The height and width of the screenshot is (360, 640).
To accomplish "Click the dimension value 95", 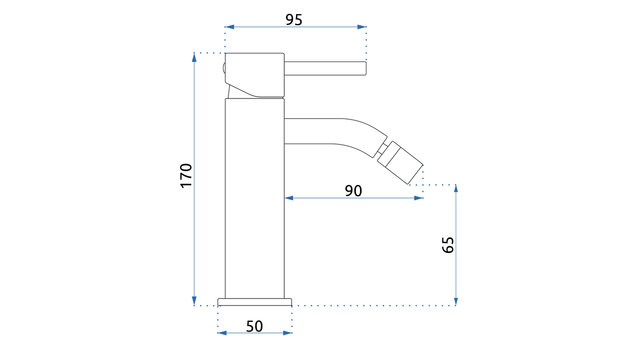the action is (x=293, y=19).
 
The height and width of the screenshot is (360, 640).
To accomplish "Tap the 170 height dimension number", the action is (x=186, y=175).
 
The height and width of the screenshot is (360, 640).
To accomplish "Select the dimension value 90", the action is (x=353, y=190).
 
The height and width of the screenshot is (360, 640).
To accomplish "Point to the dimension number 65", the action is (x=447, y=245).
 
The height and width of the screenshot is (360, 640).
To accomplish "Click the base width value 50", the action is (x=254, y=326).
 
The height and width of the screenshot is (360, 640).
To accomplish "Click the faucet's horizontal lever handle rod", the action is (x=325, y=68).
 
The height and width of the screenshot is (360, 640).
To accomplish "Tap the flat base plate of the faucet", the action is (x=254, y=302).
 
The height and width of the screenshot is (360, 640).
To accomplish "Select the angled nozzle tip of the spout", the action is (x=399, y=162).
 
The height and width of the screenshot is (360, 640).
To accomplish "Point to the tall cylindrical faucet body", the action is (x=254, y=198).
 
